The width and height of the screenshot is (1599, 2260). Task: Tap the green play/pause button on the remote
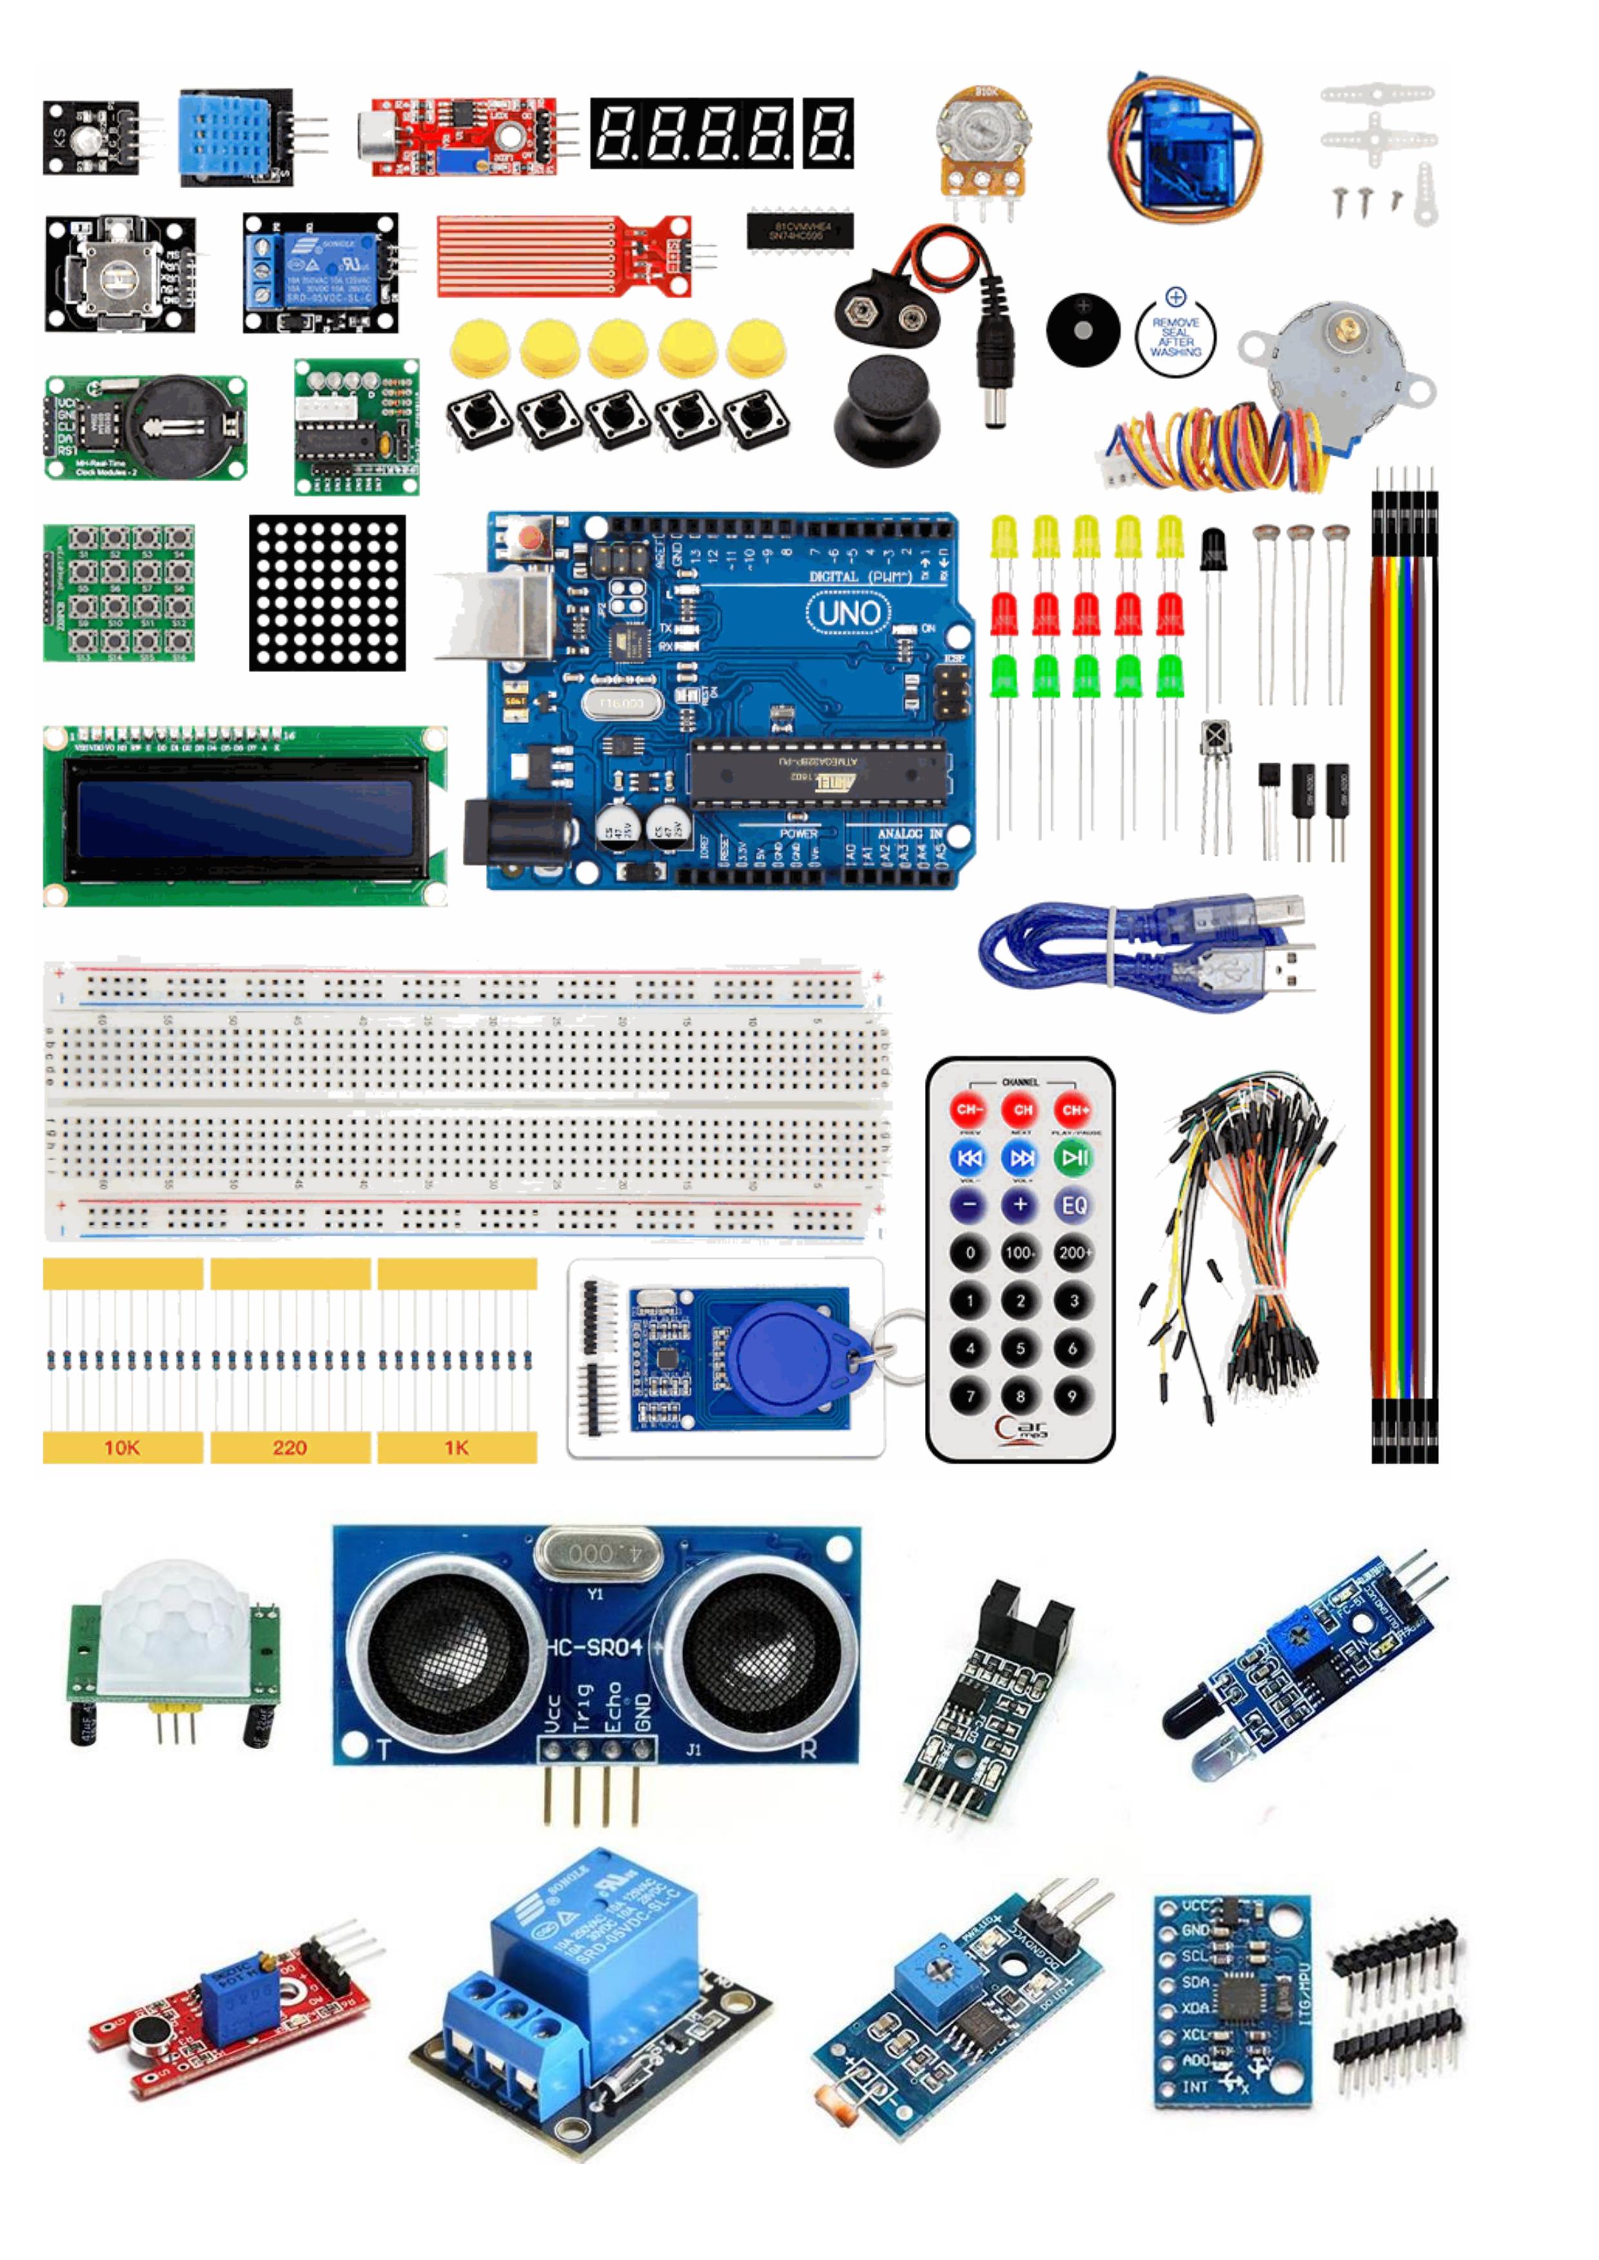pyautogui.click(x=1073, y=1158)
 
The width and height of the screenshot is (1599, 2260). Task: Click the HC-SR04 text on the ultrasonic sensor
pyautogui.click(x=595, y=1647)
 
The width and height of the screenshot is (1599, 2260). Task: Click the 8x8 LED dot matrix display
pyautogui.click(x=327, y=593)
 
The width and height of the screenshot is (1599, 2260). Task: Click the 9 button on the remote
pyautogui.click(x=1072, y=1396)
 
